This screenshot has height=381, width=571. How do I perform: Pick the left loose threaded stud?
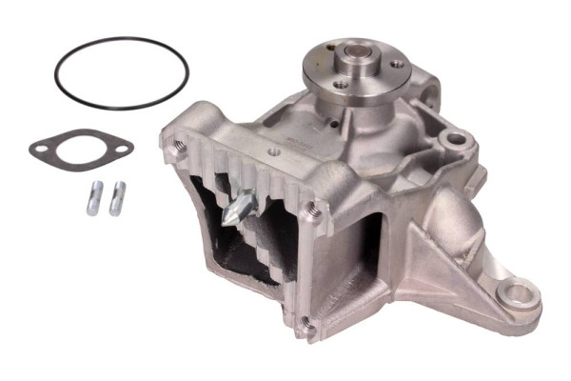click(x=96, y=197)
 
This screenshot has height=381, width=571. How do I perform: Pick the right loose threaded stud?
click(x=116, y=197)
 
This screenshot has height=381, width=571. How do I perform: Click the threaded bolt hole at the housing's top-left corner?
click(x=178, y=145)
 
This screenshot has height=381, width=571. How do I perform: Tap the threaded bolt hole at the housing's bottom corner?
click(x=306, y=329)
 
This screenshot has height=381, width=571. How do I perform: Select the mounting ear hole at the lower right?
click(x=520, y=293)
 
